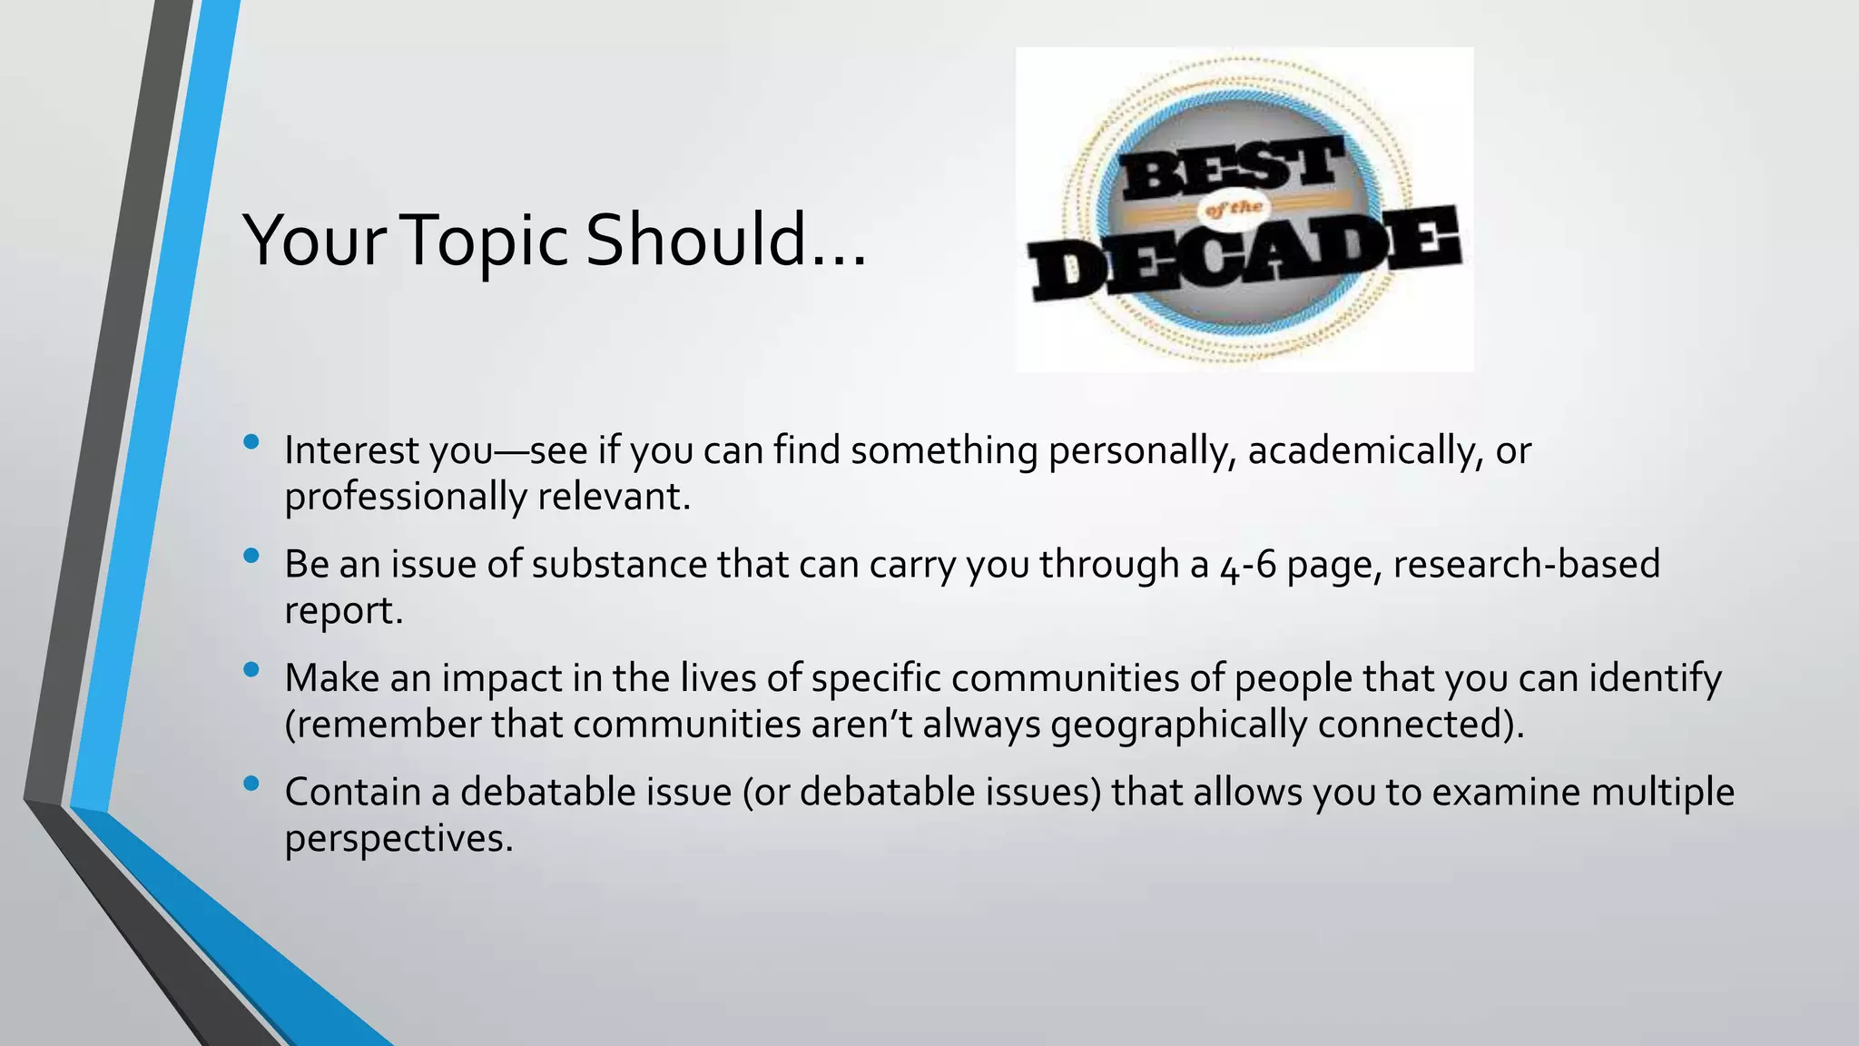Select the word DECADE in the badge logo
point(1244,255)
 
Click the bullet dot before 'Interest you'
point(251,442)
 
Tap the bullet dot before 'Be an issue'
point(251,556)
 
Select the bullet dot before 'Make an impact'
point(251,670)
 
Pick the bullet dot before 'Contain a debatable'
point(251,784)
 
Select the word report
point(342,611)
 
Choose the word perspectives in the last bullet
point(398,839)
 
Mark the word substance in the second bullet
point(619,564)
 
